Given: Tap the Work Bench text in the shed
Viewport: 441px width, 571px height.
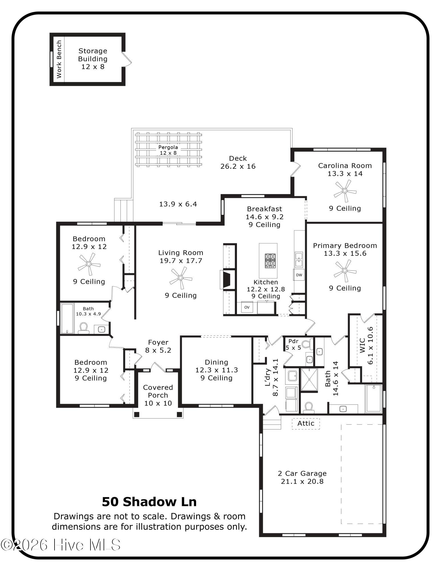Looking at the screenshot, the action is tap(59, 59).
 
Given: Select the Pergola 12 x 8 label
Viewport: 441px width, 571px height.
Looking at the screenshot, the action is tap(168, 150).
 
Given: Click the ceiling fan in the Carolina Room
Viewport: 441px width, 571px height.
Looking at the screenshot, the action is tap(345, 190).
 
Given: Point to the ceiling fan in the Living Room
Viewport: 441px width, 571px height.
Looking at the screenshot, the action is tap(181, 278).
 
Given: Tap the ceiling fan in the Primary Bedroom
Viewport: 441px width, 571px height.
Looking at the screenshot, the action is tap(345, 270).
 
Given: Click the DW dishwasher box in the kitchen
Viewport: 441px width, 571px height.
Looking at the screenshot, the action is tap(299, 275).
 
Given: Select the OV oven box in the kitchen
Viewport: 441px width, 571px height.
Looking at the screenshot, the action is tap(247, 307).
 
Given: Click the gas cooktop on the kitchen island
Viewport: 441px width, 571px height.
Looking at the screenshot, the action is tap(270, 261).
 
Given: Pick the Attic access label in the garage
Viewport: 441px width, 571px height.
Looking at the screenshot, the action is tap(306, 423).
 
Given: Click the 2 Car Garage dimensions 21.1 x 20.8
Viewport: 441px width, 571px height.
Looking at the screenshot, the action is tap(302, 481).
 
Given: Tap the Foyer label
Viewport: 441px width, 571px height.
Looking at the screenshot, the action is tap(158, 342).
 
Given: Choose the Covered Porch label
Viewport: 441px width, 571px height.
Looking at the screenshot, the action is tap(158, 391).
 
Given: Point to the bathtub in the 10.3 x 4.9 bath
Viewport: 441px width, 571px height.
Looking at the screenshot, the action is tap(67, 318).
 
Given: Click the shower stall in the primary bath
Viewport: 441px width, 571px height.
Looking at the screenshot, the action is tap(309, 380).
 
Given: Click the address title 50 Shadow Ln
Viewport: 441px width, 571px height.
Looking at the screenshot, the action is tap(149, 502).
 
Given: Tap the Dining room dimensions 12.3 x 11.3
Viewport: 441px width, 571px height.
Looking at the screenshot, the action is tap(216, 370).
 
